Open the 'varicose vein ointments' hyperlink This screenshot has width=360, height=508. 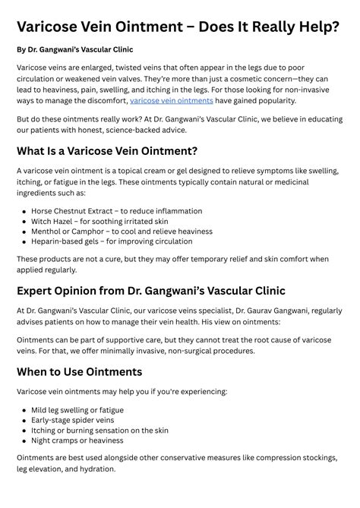(171, 100)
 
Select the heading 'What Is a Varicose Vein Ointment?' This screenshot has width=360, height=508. (107, 150)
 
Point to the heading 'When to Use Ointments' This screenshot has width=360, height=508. (80, 371)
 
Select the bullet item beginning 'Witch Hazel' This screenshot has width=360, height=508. (99, 221)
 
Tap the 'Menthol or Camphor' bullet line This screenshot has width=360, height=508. (122, 231)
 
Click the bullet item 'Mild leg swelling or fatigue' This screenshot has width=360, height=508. (77, 410)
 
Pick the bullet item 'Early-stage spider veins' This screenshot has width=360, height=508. (72, 420)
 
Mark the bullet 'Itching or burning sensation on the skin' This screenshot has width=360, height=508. (99, 430)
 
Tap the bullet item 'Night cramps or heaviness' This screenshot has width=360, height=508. (77, 440)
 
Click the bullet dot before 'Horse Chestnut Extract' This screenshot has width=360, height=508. (24, 212)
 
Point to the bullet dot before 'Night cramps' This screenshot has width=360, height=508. (24, 440)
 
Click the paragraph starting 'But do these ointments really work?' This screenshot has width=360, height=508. (179, 125)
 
